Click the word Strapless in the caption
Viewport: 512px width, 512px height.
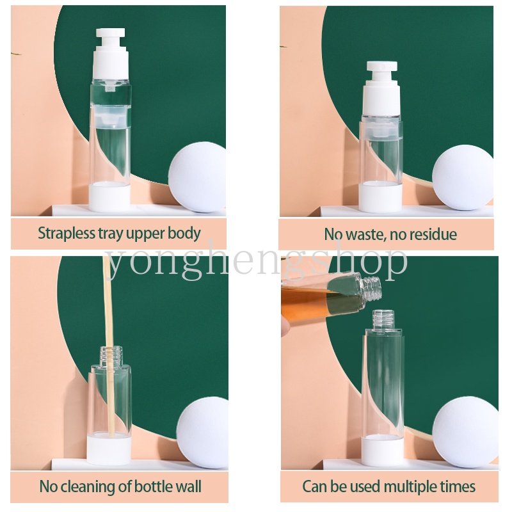pos(67,234)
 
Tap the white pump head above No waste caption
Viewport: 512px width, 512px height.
pos(381,88)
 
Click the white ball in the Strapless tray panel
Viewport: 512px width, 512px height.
pos(197,177)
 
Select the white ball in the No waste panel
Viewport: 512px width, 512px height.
pos(463,177)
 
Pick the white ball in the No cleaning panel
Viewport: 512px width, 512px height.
pos(202,432)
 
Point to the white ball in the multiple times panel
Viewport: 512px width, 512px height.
pos(465,431)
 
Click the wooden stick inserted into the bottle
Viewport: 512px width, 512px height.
pos(109,346)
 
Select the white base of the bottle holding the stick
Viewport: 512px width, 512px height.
pos(109,449)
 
